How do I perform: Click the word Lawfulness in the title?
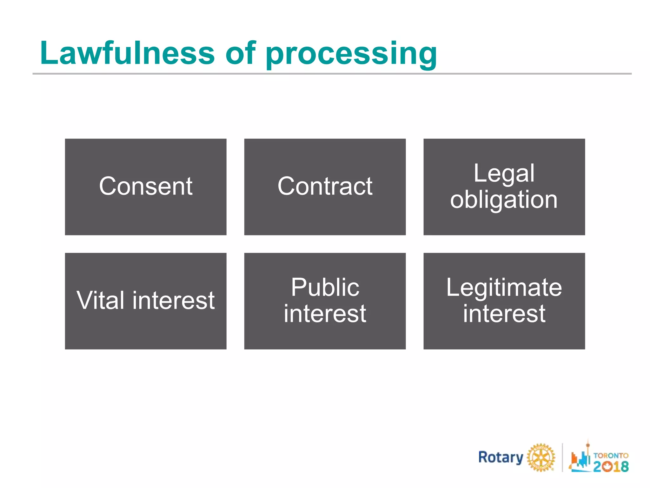(x=127, y=53)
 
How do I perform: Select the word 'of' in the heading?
(x=240, y=53)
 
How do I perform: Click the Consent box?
(x=146, y=186)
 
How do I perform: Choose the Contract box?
(x=325, y=186)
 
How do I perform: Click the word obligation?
(x=504, y=200)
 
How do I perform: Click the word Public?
(x=325, y=287)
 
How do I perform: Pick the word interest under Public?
(x=325, y=314)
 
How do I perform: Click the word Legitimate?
(x=504, y=288)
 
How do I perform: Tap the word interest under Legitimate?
(x=504, y=314)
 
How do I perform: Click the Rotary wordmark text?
(x=501, y=458)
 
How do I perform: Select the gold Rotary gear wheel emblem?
(x=541, y=457)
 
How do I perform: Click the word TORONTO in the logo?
(x=611, y=456)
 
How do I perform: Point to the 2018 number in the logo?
(x=611, y=466)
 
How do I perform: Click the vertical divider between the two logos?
(x=562, y=457)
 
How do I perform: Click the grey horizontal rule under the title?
(x=332, y=74)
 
